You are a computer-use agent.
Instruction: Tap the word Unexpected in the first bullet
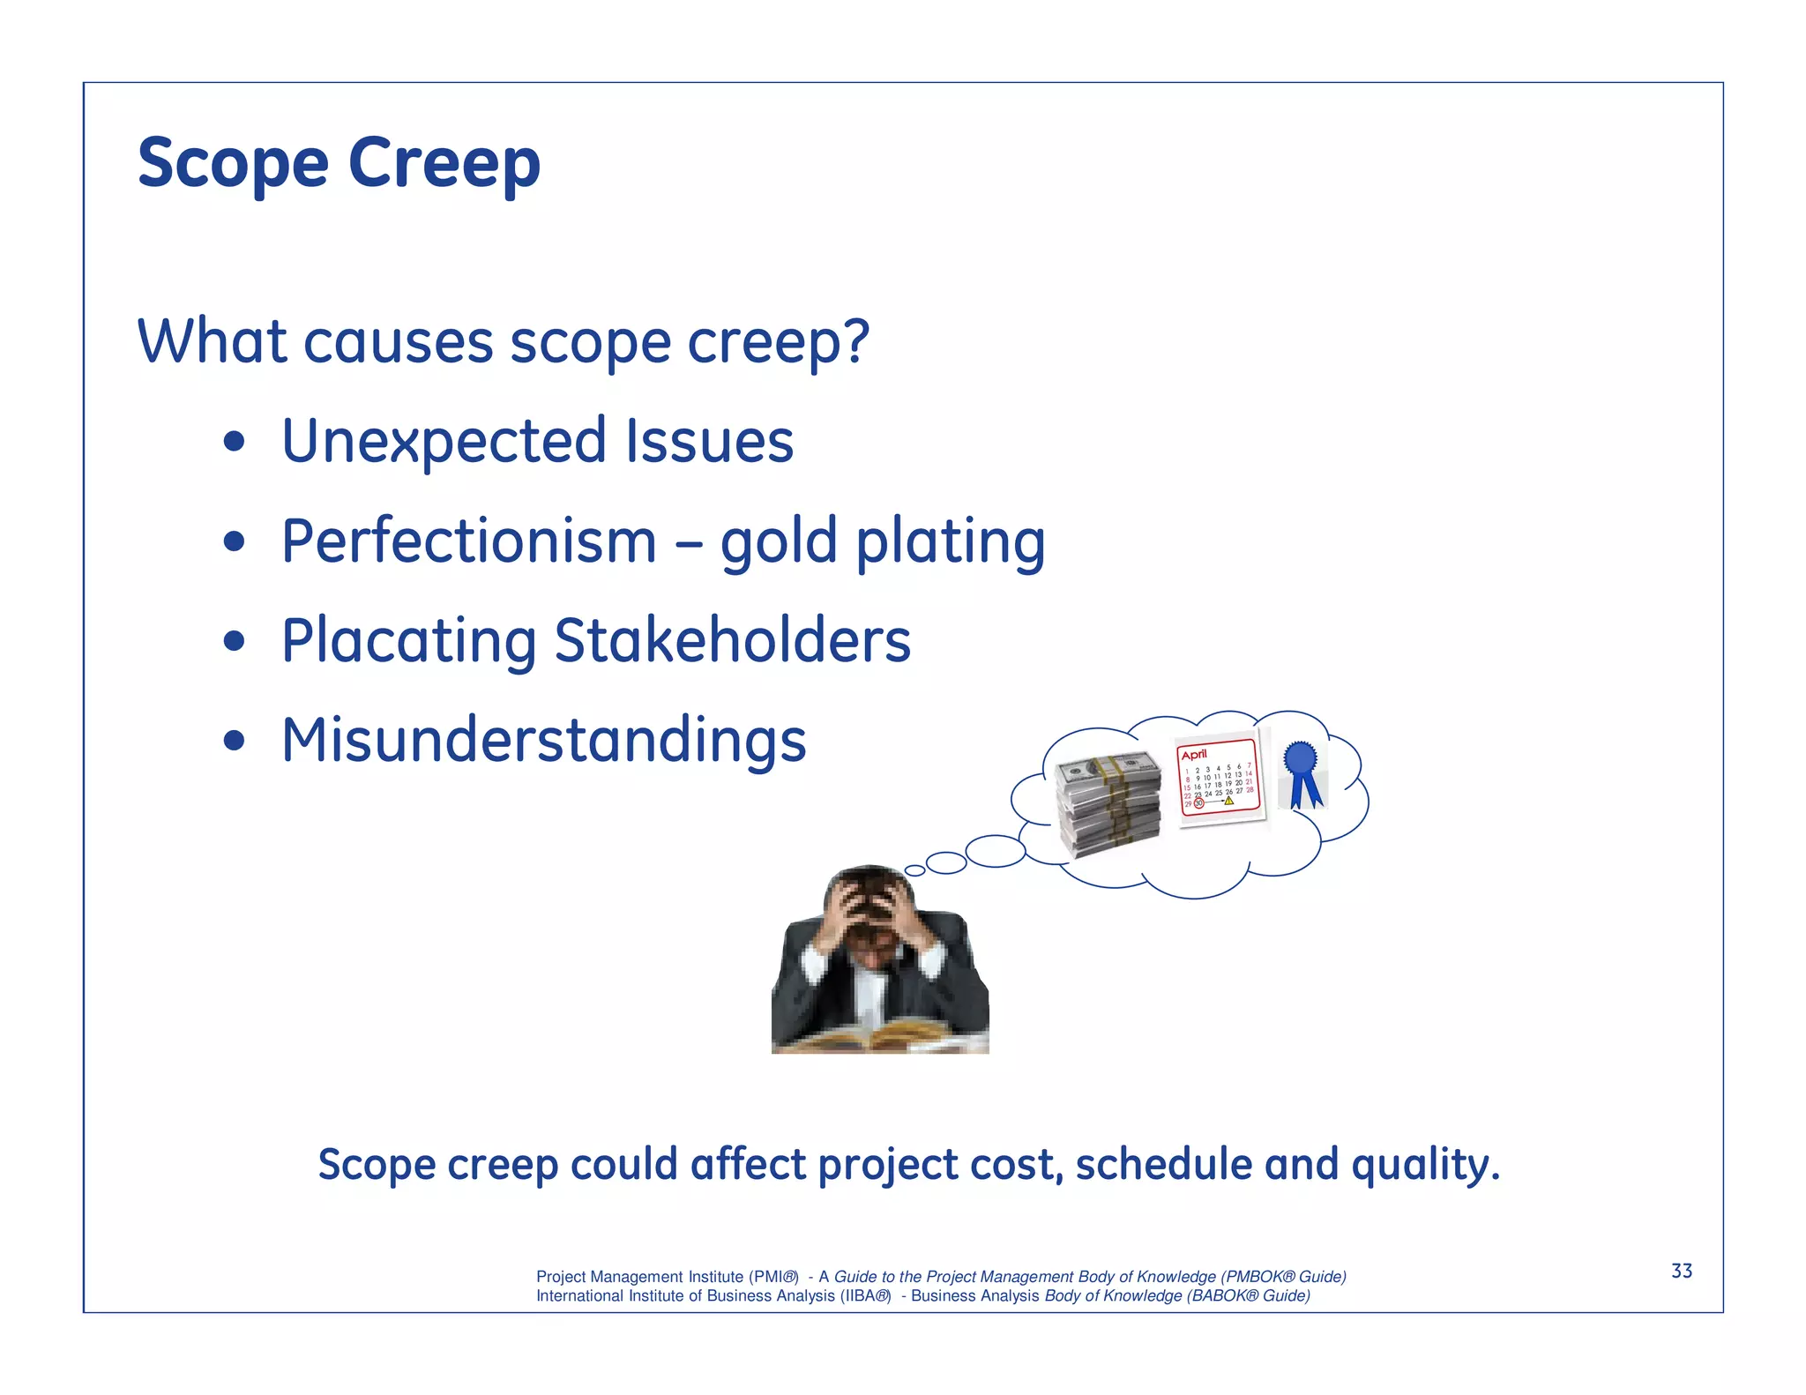coord(444,441)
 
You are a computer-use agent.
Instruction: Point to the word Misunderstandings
coord(543,740)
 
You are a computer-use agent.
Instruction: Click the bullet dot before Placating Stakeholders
coord(234,642)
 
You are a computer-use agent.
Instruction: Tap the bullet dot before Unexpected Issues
coord(234,443)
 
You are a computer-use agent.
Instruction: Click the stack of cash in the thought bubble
coord(1108,802)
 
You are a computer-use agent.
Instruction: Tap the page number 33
coord(1681,1271)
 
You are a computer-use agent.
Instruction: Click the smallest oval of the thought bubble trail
coord(915,870)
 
